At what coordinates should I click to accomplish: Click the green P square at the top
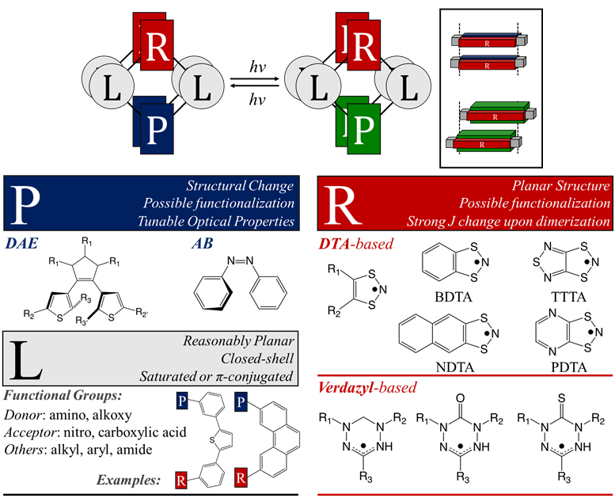click(363, 125)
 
